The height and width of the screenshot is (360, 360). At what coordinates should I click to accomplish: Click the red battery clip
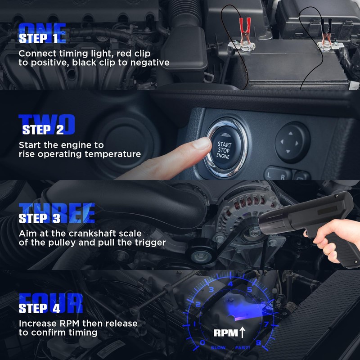coord(245,30)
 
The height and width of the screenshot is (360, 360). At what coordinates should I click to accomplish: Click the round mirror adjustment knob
coord(292,142)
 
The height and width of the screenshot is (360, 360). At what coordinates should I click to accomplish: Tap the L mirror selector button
coord(274,175)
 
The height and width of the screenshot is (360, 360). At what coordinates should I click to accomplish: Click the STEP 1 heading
coord(38,38)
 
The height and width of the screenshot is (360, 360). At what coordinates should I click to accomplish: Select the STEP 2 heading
coord(43,130)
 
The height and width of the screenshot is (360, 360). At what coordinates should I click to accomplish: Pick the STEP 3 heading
coord(39,218)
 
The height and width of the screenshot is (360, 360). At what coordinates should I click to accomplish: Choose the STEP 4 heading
coord(39,308)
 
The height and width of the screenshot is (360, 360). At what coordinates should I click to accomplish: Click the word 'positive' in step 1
coord(50,63)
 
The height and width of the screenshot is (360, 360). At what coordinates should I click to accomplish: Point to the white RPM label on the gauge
coord(226,333)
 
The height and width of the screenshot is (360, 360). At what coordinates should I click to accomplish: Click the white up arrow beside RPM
coord(242,333)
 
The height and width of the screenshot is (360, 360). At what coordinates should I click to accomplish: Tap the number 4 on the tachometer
coord(230,284)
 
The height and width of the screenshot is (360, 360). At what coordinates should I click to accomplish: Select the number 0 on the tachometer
coord(202,342)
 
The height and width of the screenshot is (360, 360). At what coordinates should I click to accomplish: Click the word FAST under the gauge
coord(243,348)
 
